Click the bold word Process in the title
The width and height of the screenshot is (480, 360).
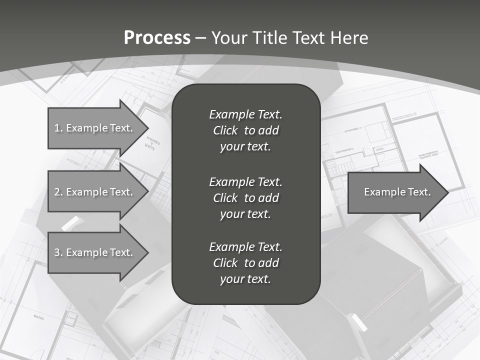click(157, 37)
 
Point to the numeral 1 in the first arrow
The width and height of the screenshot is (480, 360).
click(57, 128)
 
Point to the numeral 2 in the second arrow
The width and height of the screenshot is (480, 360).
click(57, 192)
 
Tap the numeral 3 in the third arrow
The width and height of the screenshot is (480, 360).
click(57, 252)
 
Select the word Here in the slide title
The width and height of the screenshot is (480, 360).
click(349, 37)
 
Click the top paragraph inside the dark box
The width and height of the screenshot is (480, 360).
click(245, 130)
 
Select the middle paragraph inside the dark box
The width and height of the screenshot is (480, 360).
click(245, 198)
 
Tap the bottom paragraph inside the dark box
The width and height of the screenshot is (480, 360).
click(245, 263)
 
